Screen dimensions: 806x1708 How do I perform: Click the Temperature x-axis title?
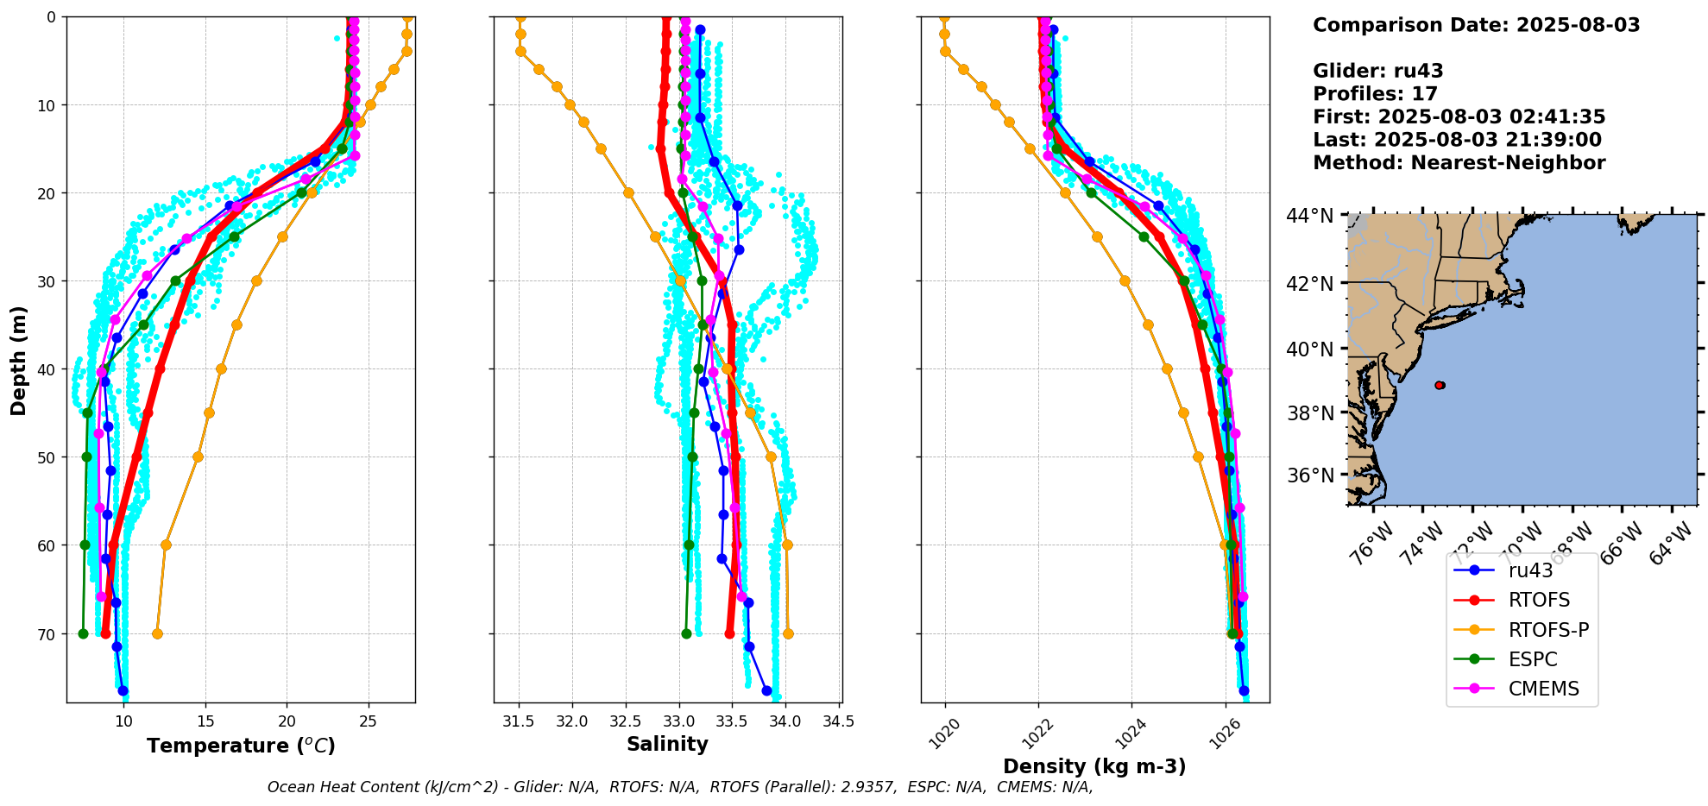click(241, 746)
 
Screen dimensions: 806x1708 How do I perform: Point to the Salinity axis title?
click(667, 744)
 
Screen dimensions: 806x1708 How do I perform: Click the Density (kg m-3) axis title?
click(1093, 766)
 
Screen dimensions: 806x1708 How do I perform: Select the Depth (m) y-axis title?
click(19, 360)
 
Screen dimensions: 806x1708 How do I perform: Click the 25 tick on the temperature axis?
click(369, 721)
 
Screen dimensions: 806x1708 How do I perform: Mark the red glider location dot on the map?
click(1440, 385)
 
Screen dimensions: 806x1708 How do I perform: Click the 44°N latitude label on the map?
click(1309, 216)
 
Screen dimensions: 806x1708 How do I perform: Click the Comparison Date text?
click(1476, 25)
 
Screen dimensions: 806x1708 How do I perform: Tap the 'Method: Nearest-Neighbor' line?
click(1459, 163)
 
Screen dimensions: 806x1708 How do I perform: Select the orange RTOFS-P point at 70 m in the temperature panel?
click(157, 633)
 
